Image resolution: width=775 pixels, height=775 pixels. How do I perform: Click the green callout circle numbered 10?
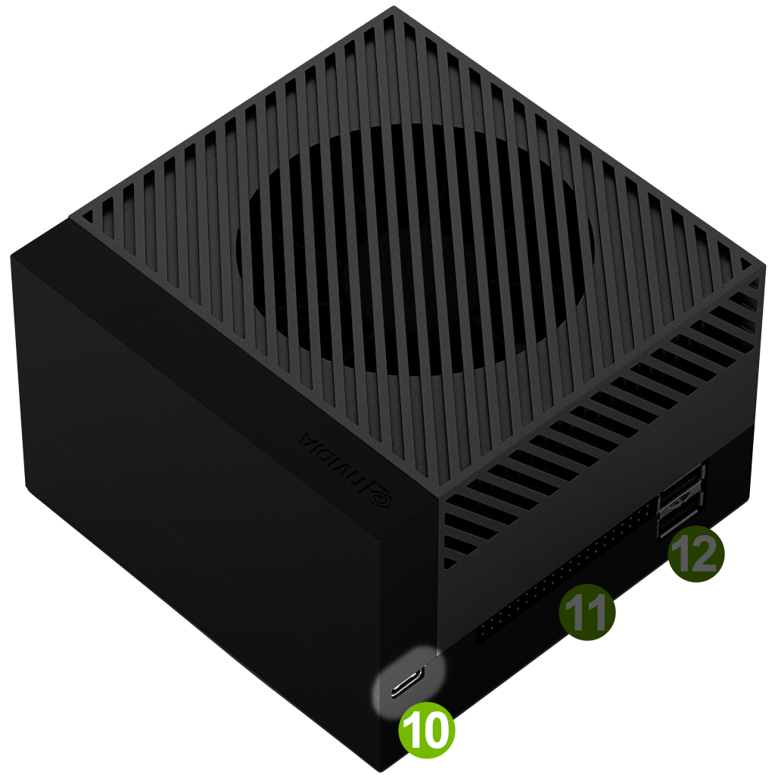(x=426, y=730)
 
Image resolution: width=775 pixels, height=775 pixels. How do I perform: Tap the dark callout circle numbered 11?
(x=587, y=612)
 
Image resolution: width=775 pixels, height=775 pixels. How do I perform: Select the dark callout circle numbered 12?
(x=696, y=553)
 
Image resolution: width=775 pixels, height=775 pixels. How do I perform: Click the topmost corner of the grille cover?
(x=394, y=6)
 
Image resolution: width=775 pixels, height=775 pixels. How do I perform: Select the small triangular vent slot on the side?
(x=450, y=563)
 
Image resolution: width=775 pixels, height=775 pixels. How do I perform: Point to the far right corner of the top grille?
(x=764, y=267)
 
